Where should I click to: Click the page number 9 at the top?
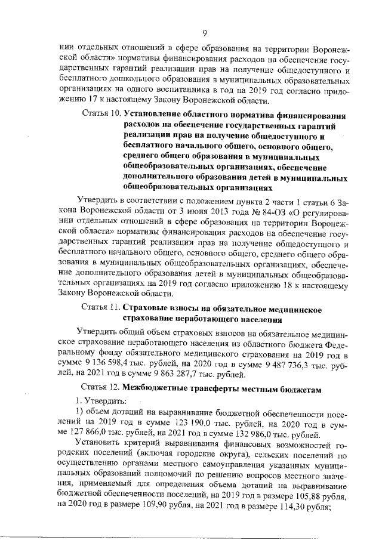204,33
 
